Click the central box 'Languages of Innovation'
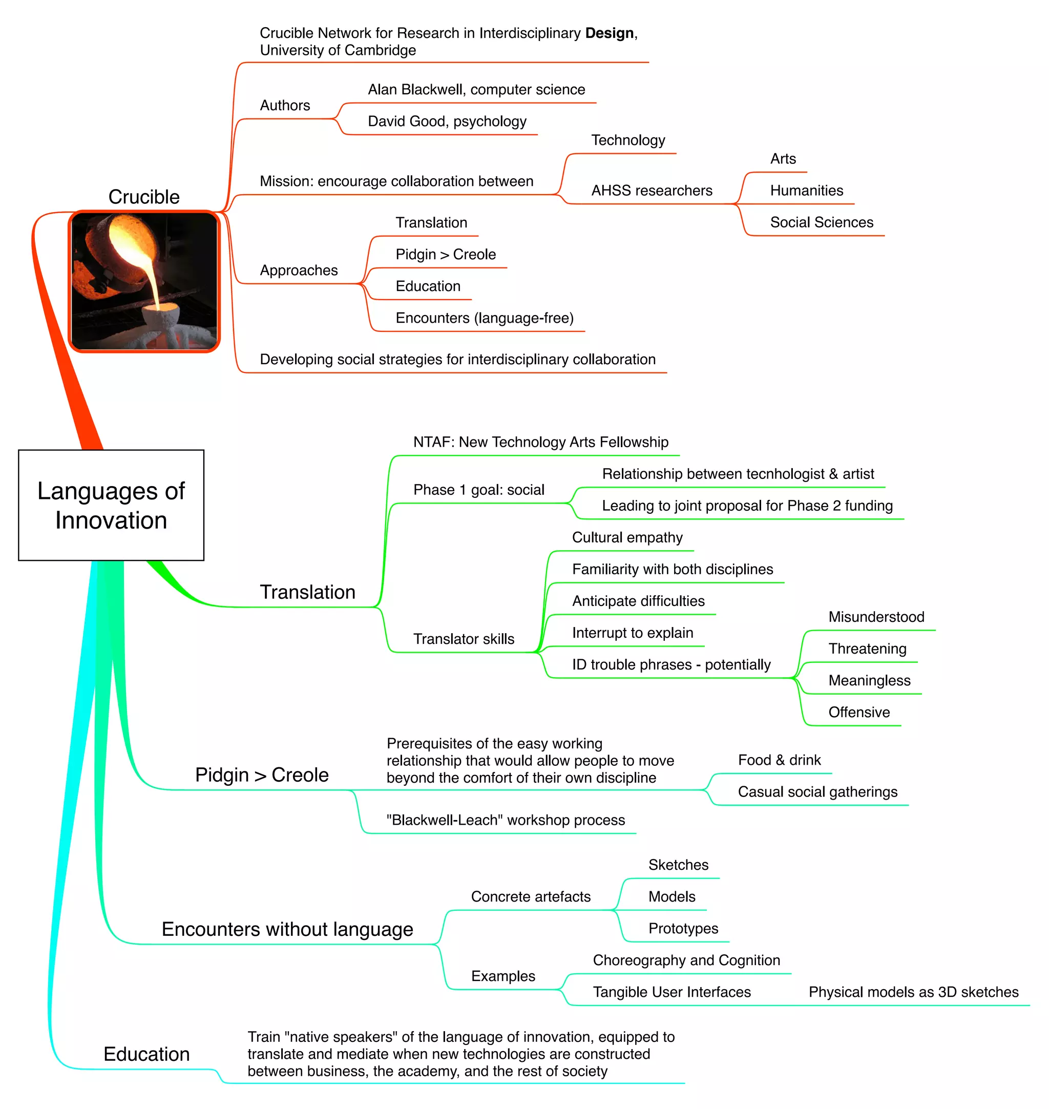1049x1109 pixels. point(111,505)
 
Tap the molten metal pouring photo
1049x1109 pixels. point(144,281)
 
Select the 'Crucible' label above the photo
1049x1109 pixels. point(144,197)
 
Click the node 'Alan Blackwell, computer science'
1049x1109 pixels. point(476,90)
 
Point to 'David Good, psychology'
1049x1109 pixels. point(447,121)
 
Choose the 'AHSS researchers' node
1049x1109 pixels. point(652,191)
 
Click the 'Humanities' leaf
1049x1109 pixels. point(806,191)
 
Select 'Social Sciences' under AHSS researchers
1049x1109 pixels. point(822,223)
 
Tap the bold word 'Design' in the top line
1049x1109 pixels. point(609,33)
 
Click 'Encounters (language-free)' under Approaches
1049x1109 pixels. point(484,318)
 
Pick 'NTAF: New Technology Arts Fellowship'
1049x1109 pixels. point(540,443)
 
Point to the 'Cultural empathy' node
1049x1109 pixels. point(627,537)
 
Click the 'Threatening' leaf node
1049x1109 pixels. point(867,648)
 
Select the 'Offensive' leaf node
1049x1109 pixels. point(859,713)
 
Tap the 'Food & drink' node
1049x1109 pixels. point(779,760)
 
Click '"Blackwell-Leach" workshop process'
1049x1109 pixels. point(506,820)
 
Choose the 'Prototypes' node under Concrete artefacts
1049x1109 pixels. point(683,928)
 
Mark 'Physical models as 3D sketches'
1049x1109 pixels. point(913,992)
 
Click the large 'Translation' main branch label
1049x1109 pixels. point(307,592)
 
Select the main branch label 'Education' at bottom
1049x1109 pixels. point(146,1054)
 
